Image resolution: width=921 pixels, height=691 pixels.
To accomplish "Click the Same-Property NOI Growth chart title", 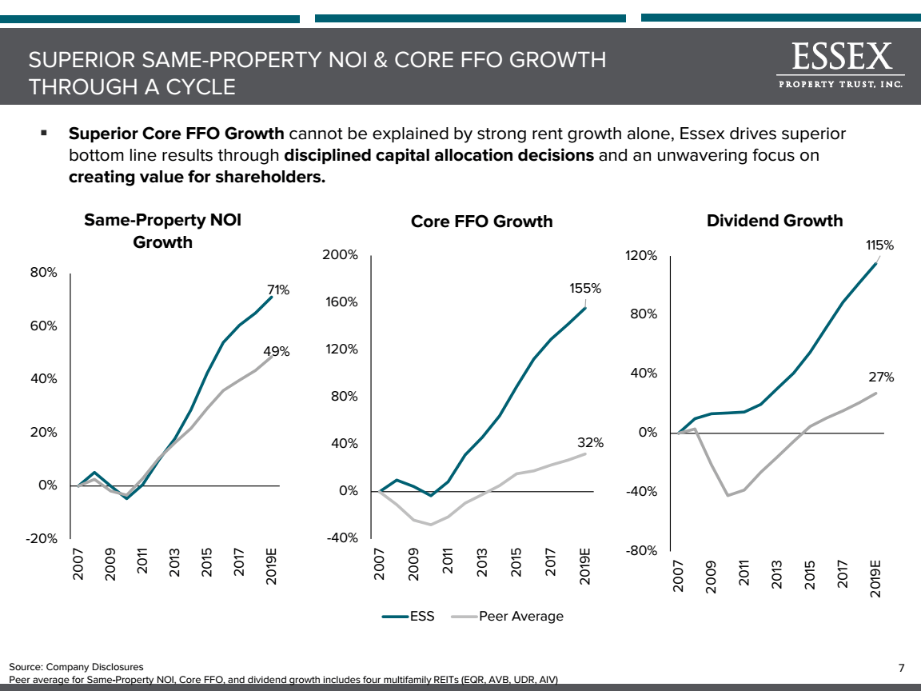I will [162, 230].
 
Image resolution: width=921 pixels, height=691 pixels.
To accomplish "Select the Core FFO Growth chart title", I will [481, 222].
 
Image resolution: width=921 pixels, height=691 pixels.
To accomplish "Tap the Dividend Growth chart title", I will [775, 220].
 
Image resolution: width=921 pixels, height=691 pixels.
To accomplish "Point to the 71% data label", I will [278, 290].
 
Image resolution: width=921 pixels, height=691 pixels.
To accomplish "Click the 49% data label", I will [277, 351].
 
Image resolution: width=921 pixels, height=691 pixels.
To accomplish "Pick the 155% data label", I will [585, 288].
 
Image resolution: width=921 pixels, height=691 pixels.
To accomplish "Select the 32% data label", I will [590, 442].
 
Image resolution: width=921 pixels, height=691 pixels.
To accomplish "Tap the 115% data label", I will [878, 246].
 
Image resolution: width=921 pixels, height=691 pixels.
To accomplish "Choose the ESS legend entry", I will [409, 616].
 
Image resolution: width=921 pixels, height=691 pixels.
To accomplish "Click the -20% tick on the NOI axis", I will [41, 539].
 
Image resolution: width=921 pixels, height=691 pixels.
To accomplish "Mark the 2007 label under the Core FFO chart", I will [381, 563].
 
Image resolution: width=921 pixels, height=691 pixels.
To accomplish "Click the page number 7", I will [901, 668].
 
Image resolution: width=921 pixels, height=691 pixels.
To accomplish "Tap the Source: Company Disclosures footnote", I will [76, 666].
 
